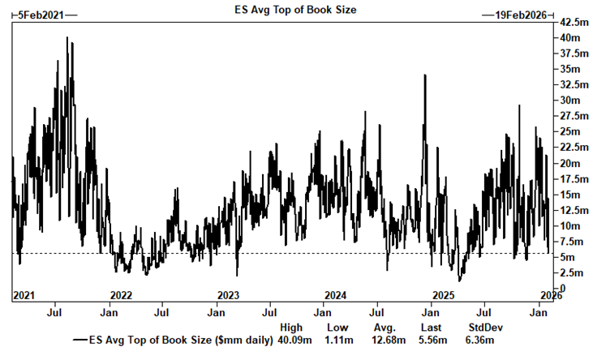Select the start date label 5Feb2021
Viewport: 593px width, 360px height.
pyautogui.click(x=38, y=15)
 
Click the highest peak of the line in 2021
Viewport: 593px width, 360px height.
pyautogui.click(x=67, y=38)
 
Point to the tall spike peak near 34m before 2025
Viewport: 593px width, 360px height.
pyautogui.click(x=425, y=75)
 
